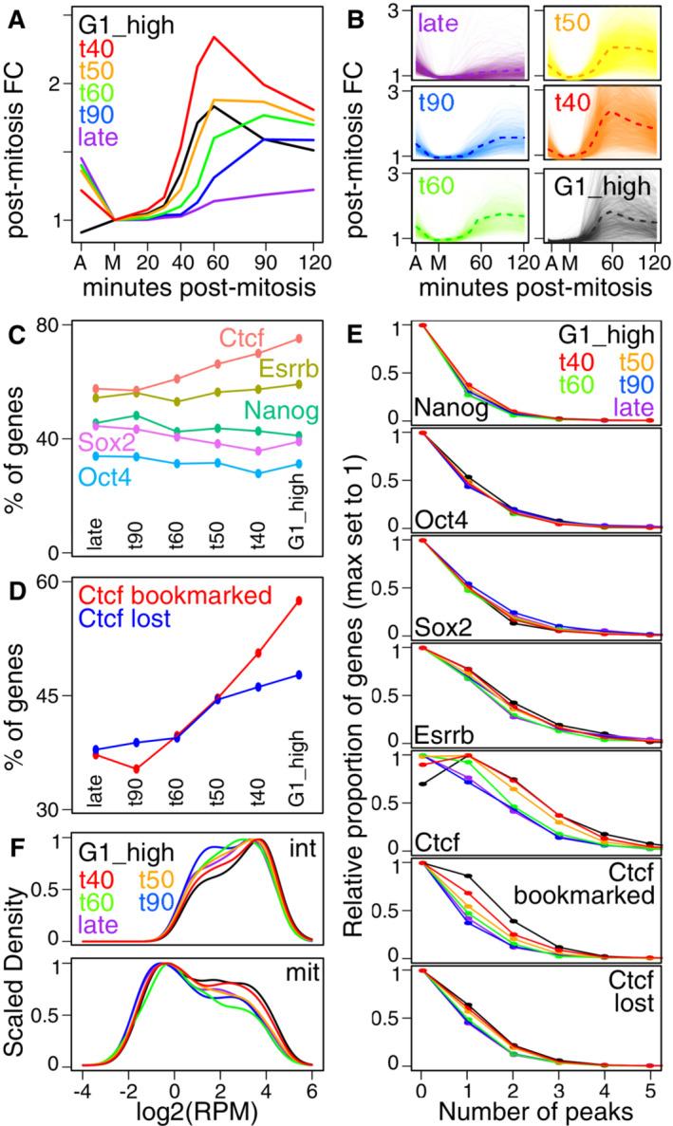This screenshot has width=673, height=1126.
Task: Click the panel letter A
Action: tap(13, 12)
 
